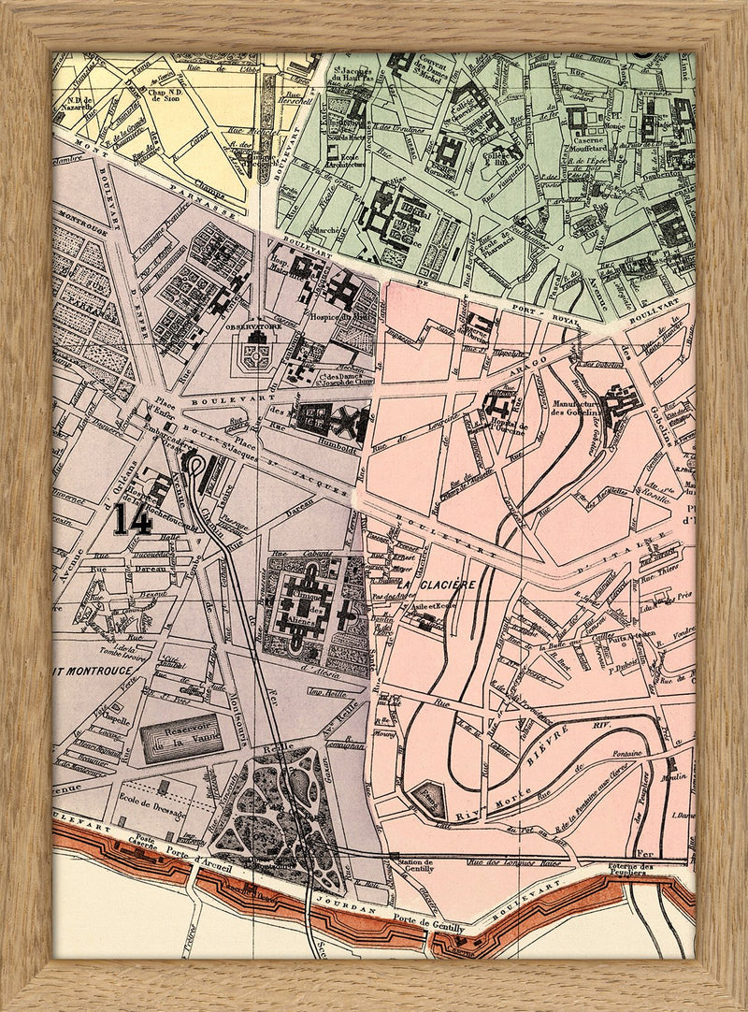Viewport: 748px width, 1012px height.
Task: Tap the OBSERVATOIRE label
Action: click(x=254, y=327)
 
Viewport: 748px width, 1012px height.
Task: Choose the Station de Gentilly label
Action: click(x=414, y=866)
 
